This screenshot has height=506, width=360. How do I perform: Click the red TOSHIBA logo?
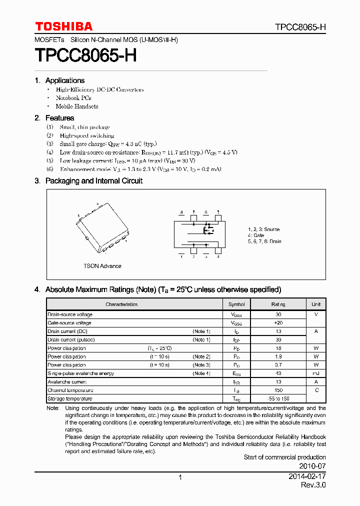click(63, 26)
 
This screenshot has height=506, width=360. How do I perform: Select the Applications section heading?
click(64, 80)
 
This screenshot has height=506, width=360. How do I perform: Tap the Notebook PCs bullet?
click(73, 98)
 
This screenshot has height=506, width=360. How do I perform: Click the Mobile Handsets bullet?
click(76, 106)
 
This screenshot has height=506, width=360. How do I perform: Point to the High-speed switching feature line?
click(86, 135)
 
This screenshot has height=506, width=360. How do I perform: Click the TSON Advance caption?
click(102, 266)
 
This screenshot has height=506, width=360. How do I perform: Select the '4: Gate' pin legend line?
click(256, 235)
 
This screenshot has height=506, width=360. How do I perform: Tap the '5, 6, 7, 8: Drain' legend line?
click(264, 241)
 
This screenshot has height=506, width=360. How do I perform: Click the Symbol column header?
click(236, 304)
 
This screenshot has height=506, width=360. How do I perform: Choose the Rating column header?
click(278, 304)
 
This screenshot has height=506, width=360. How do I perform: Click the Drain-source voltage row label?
click(70, 314)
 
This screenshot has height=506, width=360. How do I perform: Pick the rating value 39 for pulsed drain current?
click(278, 340)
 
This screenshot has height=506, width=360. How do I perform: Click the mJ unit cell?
click(316, 373)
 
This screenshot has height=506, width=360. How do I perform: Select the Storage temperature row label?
click(70, 398)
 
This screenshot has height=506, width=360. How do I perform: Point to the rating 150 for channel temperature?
click(278, 390)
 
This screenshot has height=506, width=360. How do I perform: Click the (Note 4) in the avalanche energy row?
click(201, 373)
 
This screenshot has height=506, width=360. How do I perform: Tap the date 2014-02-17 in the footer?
click(307, 477)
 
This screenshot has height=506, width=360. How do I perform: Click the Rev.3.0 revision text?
click(313, 485)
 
